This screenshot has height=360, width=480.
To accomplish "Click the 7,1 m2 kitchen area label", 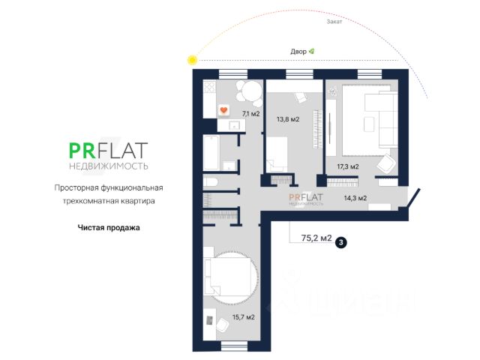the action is (250, 114).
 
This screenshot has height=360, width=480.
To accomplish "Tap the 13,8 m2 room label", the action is (288, 119).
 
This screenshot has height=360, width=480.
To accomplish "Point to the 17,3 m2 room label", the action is (348, 166).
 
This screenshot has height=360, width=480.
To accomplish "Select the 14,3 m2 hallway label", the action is (355, 198).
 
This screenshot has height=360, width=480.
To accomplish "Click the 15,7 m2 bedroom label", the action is (244, 317).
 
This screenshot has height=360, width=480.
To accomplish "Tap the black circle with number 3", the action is (341, 242).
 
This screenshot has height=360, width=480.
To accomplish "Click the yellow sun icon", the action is (193, 59).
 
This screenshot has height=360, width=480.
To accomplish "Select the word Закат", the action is (334, 22).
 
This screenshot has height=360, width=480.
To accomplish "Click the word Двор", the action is (298, 51).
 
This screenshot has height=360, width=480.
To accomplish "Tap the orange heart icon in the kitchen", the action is (223, 110).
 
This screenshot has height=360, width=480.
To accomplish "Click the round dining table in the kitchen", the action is (247, 91).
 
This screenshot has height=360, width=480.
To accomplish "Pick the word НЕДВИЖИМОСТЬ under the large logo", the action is (109, 165).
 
